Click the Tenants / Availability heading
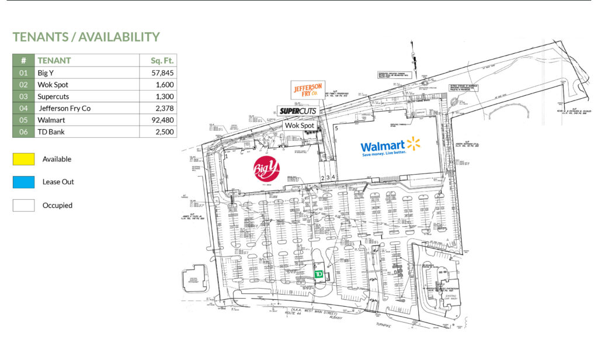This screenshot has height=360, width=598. (86, 37)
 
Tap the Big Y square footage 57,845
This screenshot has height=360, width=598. (162, 73)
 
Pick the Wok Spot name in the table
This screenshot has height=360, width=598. (54, 85)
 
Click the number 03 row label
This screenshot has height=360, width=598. (23, 96)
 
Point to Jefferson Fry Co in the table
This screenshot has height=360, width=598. (64, 108)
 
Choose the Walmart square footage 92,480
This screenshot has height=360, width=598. (162, 120)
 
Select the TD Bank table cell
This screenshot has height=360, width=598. (51, 132)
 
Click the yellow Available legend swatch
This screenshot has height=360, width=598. (23, 159)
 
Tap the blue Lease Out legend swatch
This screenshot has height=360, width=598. (23, 182)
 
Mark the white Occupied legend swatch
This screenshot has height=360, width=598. (23, 205)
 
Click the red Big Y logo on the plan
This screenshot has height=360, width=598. (266, 168)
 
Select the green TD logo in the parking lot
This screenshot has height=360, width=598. (319, 274)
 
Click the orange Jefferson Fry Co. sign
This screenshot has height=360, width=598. (307, 91)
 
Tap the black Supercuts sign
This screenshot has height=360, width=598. (298, 111)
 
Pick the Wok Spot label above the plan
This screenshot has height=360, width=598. (299, 126)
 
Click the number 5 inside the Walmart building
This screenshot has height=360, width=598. (336, 127)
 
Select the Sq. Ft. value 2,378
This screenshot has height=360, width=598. (162, 108)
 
